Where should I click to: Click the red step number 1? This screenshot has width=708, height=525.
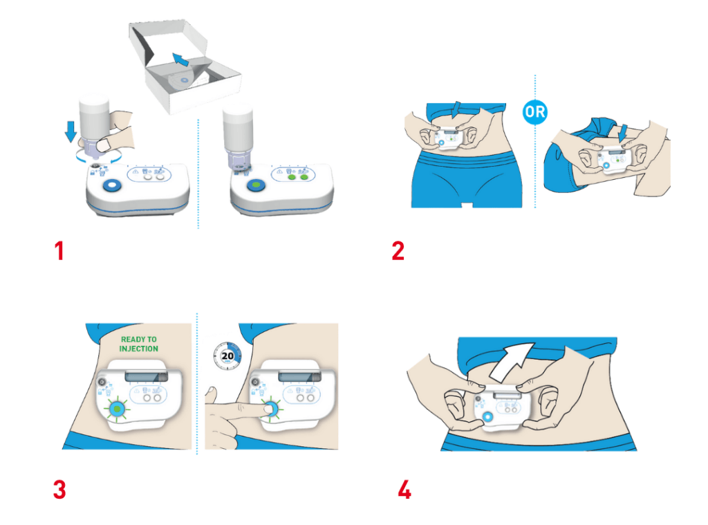tap(59, 251)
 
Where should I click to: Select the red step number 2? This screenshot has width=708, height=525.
tap(398, 251)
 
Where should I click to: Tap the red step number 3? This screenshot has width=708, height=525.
tap(59, 490)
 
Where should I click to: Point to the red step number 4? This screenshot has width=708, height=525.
tap(404, 490)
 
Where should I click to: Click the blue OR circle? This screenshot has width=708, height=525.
tap(535, 111)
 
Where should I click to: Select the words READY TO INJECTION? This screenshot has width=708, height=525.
tap(138, 344)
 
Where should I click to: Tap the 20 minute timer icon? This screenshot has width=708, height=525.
tap(227, 356)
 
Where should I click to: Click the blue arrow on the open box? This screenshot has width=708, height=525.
tap(180, 59)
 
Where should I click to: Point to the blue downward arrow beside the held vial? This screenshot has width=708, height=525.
tap(71, 131)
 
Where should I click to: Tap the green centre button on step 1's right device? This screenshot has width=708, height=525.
tap(256, 185)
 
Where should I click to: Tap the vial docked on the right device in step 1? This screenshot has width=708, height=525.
tap(238, 138)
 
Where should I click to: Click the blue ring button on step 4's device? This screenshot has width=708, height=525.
tap(487, 417)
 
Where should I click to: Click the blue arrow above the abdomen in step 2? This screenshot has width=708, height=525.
tap(457, 110)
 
